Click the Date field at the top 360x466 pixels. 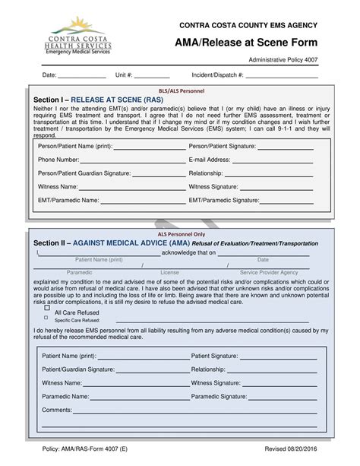click(81, 76)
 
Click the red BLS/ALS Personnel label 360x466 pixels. click(181, 90)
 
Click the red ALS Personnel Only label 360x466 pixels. click(181, 235)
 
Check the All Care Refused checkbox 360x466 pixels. click(47, 309)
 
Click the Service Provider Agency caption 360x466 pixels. click(269, 271)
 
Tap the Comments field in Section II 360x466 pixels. click(197, 410)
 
